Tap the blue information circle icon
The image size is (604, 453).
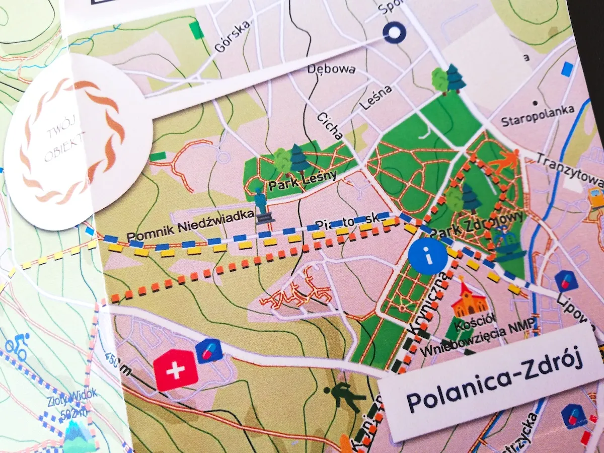(428, 257)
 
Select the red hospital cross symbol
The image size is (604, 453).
(176, 370)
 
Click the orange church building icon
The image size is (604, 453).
(469, 300)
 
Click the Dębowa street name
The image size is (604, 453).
(332, 69)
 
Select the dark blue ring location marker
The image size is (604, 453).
(395, 33)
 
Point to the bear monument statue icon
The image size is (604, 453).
(262, 206)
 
